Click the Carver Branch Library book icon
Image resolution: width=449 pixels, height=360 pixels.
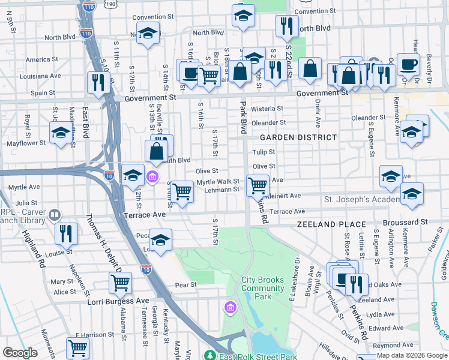55,214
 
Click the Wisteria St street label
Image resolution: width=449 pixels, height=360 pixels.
267,109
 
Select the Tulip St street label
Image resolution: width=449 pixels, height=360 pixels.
264,152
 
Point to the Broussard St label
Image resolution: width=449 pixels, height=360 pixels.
406,221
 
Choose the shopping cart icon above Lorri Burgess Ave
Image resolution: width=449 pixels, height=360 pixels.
121,282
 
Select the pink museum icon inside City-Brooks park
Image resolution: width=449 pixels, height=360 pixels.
229,308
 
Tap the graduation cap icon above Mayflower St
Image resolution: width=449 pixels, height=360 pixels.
61,133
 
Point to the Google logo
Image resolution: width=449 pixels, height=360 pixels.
20,353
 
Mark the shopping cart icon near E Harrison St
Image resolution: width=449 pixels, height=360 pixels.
78,347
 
